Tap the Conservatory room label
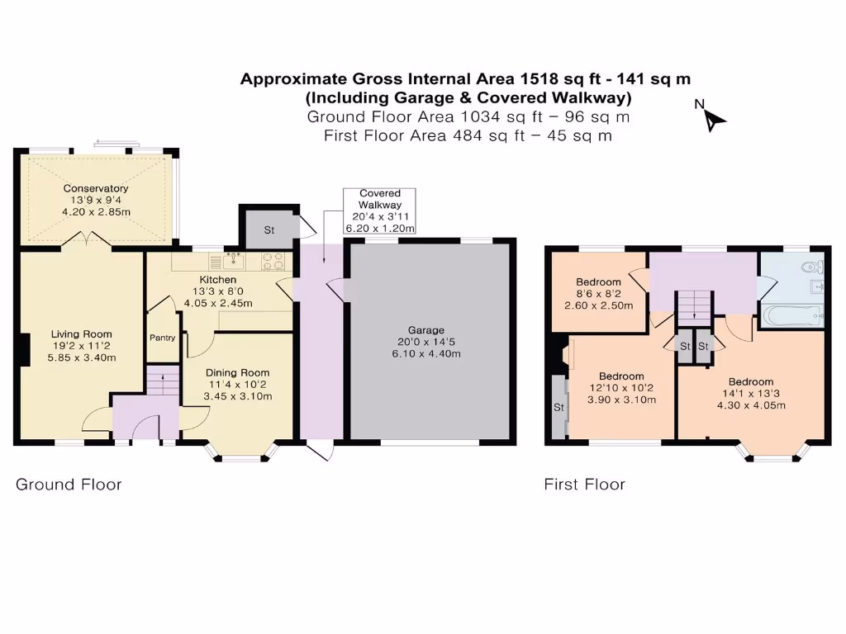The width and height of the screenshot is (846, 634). point(96,188)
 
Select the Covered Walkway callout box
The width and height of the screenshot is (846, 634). point(379,211)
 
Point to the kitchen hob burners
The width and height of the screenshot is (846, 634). point(273,262)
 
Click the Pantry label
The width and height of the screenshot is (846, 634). point(163,338)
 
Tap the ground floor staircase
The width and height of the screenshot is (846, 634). point(163,381)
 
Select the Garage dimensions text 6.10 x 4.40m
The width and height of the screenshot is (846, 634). point(426,353)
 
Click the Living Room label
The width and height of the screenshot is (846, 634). point(82,334)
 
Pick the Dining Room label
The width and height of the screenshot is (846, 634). point(237,372)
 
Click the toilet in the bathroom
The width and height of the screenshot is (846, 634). point(813,267)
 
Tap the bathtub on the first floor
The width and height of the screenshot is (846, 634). point(792,315)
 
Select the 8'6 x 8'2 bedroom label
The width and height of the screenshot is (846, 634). point(599,294)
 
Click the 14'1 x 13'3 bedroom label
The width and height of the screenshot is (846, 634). point(751,394)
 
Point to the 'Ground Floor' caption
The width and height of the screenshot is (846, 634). point(69,484)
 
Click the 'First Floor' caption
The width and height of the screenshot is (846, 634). point(584,484)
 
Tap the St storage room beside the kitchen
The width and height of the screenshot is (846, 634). point(269,229)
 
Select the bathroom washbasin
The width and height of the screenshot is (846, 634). point(817,286)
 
